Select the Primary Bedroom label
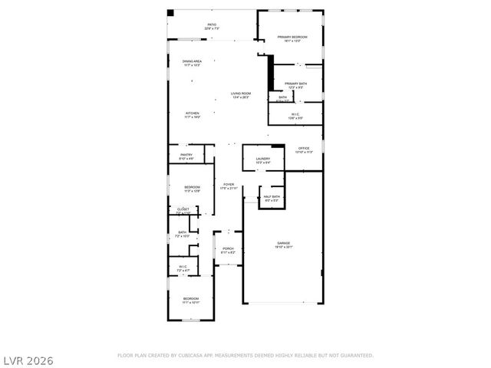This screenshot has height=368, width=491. pos(292,38)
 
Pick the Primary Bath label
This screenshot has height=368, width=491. pos(295,85)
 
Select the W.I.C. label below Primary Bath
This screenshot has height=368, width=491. pos(295,116)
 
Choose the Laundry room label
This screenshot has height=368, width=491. pos(263,160)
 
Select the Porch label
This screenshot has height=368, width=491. pos(228,250)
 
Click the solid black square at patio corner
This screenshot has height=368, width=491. pos(170,13)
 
